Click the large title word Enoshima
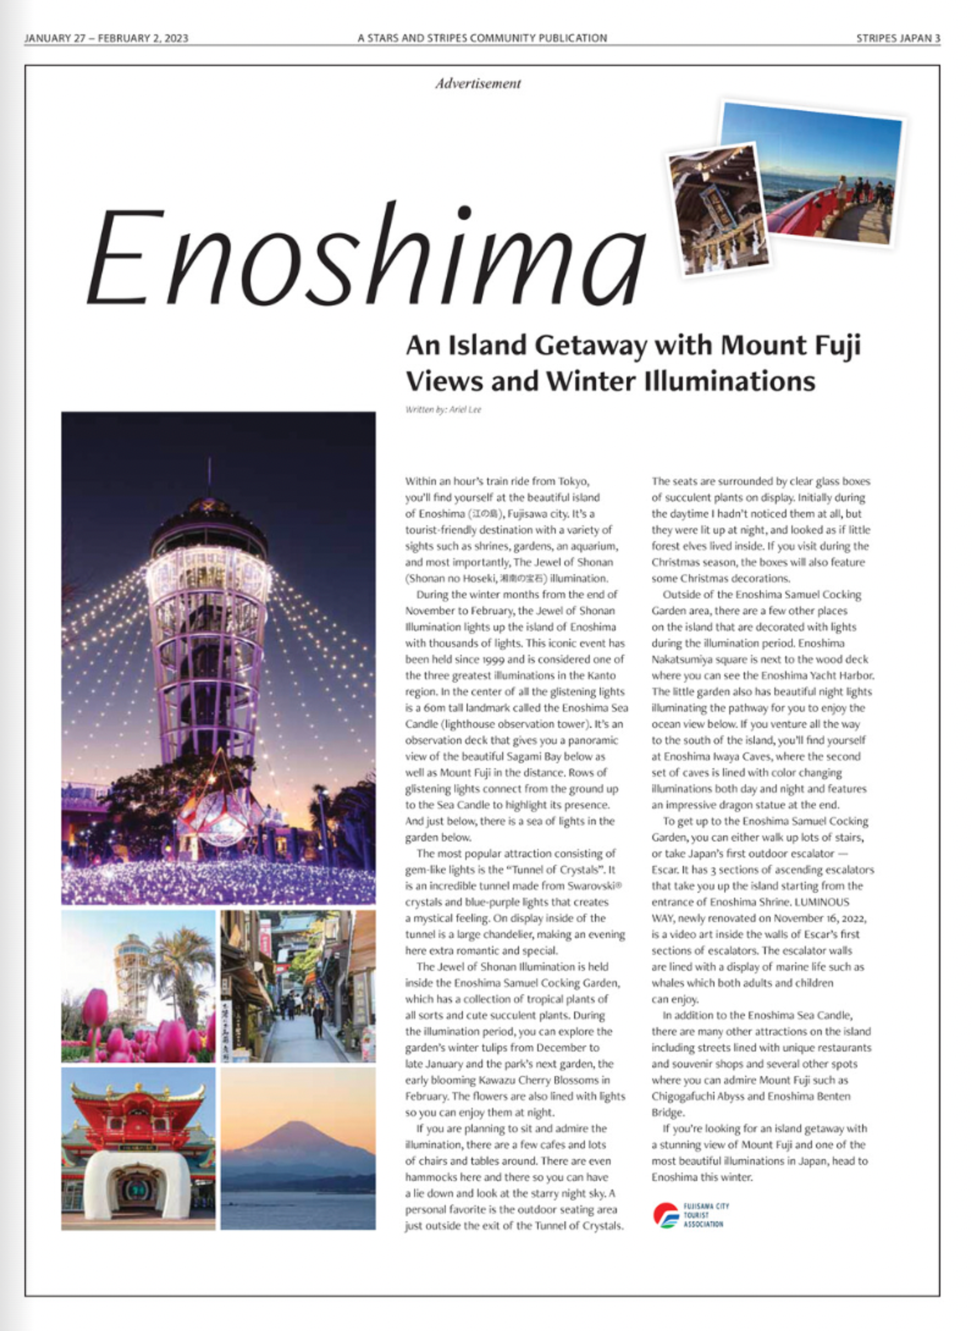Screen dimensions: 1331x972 click(x=365, y=259)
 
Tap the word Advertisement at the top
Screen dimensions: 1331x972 click(x=478, y=84)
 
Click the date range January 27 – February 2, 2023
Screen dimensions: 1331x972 click(x=106, y=38)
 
